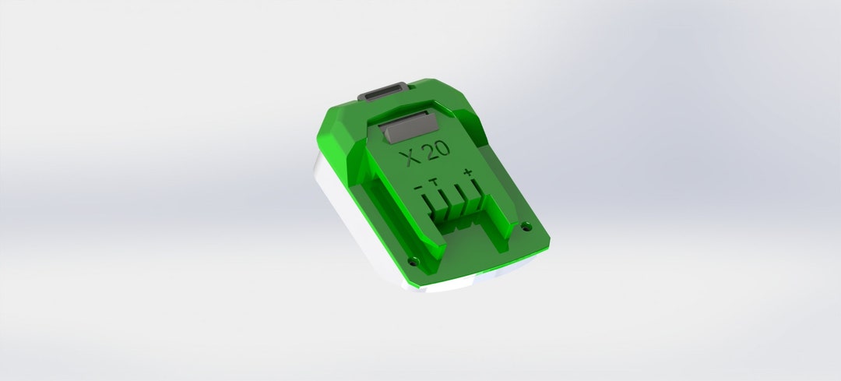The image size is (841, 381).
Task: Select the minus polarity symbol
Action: tap(419, 188)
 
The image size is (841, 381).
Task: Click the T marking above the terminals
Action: tap(434, 182)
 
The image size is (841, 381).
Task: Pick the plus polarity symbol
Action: tap(467, 172)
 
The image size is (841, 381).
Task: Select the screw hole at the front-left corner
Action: tap(413, 260)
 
